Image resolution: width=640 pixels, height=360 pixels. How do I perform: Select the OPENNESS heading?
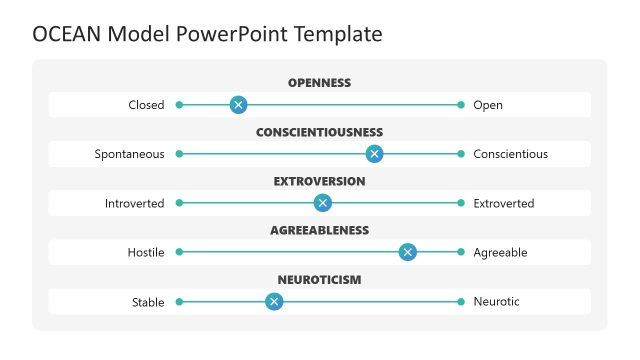319,83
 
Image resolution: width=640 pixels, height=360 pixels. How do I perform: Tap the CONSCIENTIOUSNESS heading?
319,132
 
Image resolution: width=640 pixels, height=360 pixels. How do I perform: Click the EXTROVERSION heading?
319,181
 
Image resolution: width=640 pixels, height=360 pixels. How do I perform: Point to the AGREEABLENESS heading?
319,230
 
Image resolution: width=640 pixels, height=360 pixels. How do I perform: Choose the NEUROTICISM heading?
319,279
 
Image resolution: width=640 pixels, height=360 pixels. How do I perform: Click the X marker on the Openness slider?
238,104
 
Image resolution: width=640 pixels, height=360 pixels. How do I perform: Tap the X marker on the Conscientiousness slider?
374,153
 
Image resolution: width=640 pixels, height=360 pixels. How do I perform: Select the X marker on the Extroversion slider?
322,203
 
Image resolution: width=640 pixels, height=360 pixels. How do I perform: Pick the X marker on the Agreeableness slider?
407,252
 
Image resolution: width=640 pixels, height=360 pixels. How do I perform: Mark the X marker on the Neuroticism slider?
273,301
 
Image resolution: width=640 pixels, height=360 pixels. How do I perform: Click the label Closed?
146,105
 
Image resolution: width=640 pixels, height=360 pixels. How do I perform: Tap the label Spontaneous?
129,154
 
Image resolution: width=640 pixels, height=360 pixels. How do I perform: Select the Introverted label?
134,203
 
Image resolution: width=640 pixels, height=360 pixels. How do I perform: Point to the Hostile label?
145,252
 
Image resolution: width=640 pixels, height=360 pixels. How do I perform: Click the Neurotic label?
496,301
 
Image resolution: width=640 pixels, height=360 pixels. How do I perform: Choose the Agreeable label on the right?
500,252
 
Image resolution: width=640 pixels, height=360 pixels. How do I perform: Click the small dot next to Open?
461,104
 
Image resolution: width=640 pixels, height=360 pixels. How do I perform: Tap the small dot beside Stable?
179,301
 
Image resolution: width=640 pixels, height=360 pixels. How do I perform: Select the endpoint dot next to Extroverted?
461,203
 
